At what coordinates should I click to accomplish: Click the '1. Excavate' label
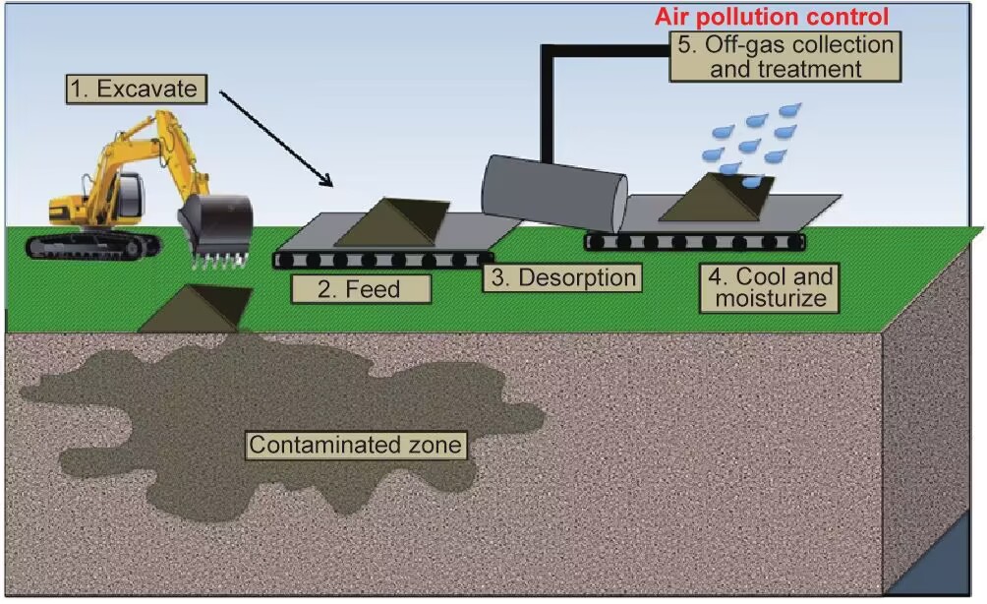click(x=137, y=91)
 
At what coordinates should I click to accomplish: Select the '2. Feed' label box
click(x=361, y=288)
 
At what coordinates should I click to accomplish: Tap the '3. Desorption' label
click(x=563, y=277)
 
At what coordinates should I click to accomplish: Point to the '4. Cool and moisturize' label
click(x=770, y=286)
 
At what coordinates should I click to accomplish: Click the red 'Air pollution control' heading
click(x=772, y=17)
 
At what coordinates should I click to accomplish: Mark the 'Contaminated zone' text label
click(x=354, y=445)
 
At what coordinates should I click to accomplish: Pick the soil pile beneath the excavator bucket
click(x=195, y=310)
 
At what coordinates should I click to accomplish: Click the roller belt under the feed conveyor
click(x=378, y=260)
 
